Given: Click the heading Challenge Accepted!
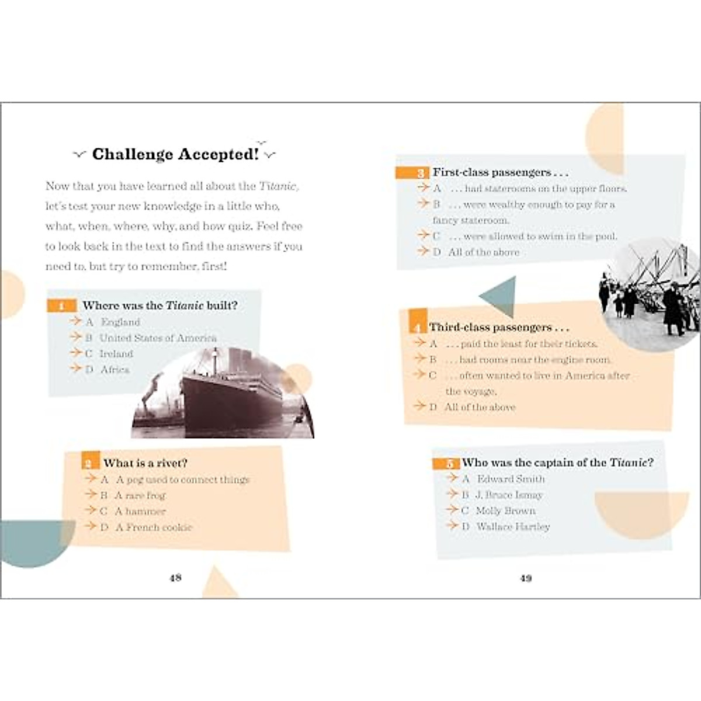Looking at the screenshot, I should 175,154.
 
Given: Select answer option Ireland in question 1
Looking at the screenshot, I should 116,353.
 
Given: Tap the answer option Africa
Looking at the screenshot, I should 114,369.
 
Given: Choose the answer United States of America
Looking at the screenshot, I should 157,338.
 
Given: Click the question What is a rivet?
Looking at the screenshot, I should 145,463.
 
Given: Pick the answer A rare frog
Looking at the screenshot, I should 140,495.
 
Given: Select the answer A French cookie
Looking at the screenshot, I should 153,527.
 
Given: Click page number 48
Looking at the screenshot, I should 175,578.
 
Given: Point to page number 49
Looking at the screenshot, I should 526,578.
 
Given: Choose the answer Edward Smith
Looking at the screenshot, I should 510,478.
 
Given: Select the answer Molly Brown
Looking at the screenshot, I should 505,511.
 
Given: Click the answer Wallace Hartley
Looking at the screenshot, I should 513,526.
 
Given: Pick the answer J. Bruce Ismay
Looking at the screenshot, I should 508,495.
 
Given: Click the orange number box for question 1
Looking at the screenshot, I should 61,306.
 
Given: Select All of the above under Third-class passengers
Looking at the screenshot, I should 480,407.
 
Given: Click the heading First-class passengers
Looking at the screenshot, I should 500,172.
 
